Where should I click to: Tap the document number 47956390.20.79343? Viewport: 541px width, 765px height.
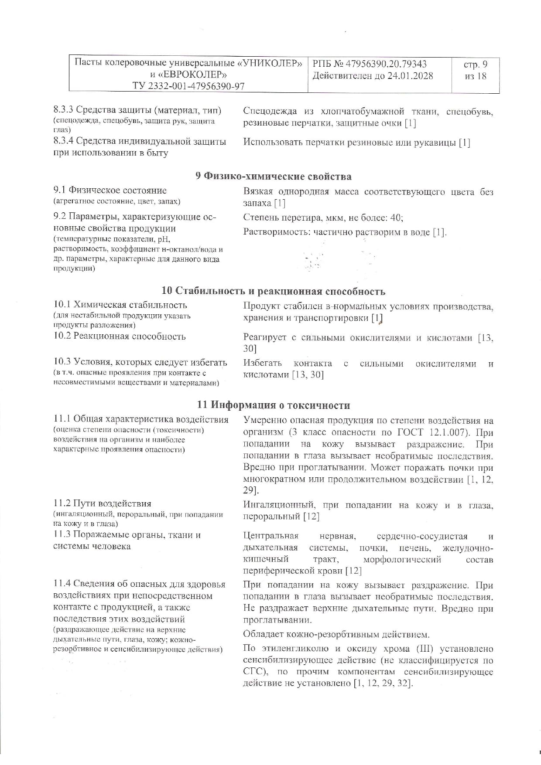click(x=386, y=64)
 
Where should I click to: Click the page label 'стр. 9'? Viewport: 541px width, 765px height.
click(x=475, y=65)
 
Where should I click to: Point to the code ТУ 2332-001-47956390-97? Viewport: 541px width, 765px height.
click(x=188, y=86)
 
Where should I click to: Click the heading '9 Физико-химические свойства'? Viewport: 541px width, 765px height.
click(x=273, y=177)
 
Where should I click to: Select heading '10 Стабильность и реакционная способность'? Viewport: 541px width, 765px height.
click(x=273, y=291)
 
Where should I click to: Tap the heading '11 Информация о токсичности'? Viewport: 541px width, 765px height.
click(x=274, y=405)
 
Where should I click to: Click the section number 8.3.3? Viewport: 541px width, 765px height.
click(x=65, y=111)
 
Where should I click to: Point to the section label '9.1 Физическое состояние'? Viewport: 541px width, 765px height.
click(x=110, y=190)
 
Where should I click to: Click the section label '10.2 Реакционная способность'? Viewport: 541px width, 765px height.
click(x=120, y=337)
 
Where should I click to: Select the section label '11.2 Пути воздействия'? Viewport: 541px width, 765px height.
click(x=102, y=503)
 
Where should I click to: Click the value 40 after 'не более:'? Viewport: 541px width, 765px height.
click(x=396, y=218)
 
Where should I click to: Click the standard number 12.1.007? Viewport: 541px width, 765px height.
click(x=451, y=432)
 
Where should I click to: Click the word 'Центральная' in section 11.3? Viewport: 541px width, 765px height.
click(x=270, y=536)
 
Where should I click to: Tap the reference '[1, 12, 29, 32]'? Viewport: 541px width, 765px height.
click(x=383, y=683)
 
